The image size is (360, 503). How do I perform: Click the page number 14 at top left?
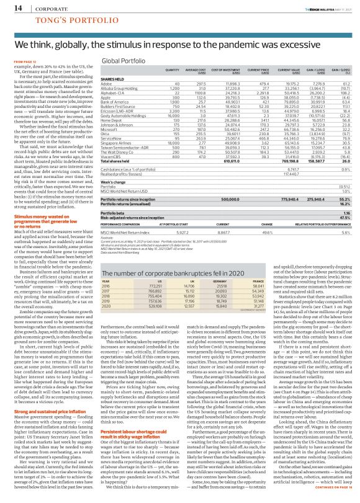[13, 7]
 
